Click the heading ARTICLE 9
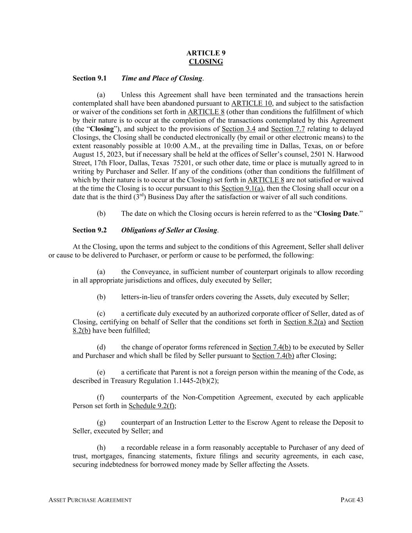coord(206,53)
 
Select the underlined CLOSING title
coord(206,62)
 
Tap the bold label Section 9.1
coord(89,78)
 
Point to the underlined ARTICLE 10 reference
coord(252,103)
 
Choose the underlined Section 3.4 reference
coord(238,129)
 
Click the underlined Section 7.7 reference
coord(288,129)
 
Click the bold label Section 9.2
coord(89,230)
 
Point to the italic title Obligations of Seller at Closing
coord(169,230)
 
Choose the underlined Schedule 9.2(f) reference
coord(152,406)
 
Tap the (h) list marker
coord(101,447)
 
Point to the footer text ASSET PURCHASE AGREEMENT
coord(90,500)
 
